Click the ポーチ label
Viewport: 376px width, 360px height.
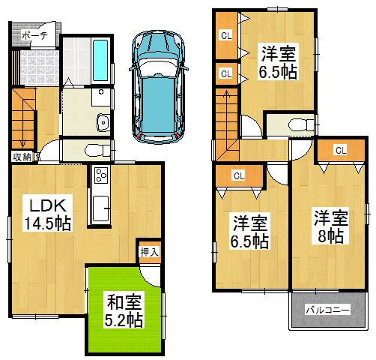click(x=34, y=34)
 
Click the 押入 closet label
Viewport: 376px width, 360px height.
click(x=149, y=252)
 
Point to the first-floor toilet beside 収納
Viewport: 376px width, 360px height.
click(x=93, y=149)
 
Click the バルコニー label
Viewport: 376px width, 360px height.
click(x=326, y=309)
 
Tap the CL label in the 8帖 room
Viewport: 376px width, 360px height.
click(x=340, y=151)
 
